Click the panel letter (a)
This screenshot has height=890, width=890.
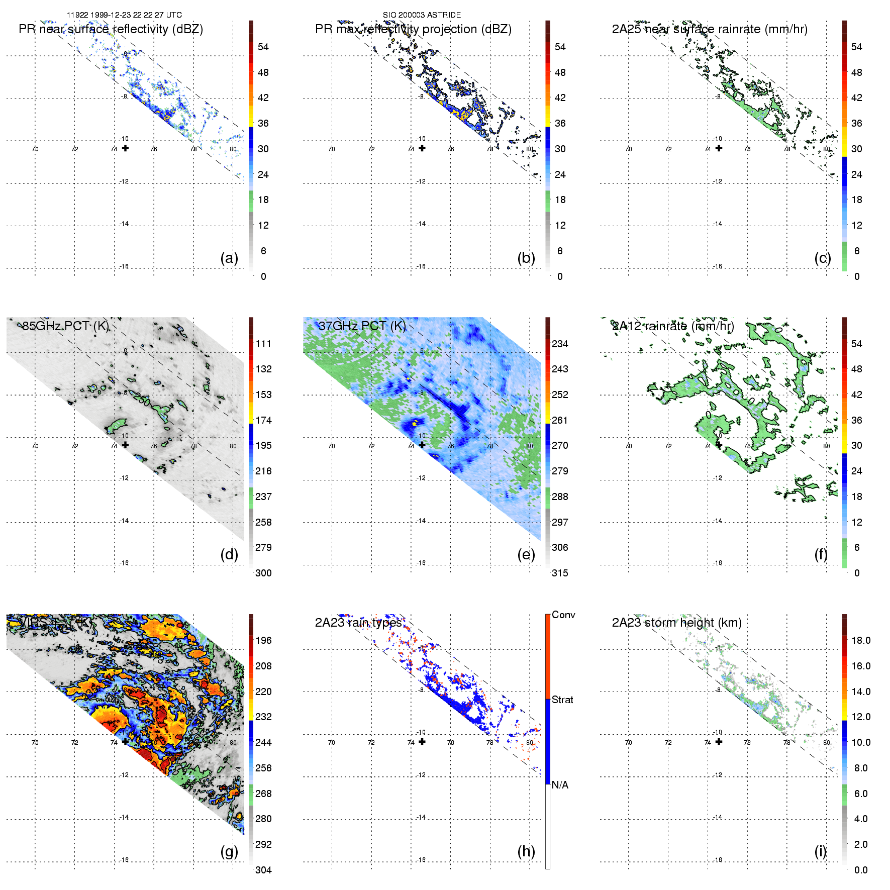tap(229, 258)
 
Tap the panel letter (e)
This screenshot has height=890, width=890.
tap(526, 555)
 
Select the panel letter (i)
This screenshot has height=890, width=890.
tap(820, 851)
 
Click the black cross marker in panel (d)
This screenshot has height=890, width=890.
tap(125, 445)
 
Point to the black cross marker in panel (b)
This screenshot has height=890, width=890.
tap(422, 148)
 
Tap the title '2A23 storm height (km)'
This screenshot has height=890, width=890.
tap(676, 623)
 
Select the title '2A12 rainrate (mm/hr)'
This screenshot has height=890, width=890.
tap(673, 326)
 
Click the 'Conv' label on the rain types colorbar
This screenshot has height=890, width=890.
tap(563, 615)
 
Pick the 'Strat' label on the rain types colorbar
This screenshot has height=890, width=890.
tap(562, 700)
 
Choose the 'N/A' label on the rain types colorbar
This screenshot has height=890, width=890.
tap(560, 785)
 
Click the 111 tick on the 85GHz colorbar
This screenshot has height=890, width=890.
tap(263, 344)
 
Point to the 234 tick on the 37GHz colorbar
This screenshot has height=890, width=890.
tap(560, 344)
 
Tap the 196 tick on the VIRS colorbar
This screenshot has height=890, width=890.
tap(263, 640)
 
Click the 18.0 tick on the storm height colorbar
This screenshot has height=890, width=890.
tap(860, 640)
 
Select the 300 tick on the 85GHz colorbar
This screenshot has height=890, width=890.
tap(263, 573)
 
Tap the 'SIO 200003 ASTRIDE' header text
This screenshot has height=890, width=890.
tap(422, 15)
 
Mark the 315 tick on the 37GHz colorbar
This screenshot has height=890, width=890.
tap(560, 573)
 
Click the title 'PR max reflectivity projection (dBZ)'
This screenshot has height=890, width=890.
tap(413, 29)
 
